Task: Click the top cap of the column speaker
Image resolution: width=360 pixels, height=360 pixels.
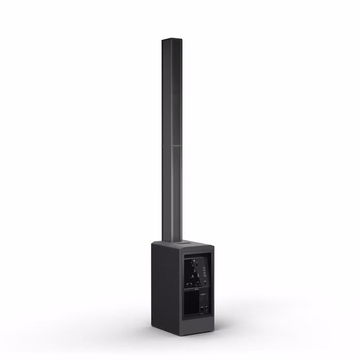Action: pos(172,40)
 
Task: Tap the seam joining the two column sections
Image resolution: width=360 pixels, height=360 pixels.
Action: pos(172,146)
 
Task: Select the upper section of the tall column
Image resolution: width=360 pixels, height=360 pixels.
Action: pos(172,93)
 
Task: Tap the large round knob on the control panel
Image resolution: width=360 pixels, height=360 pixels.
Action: pos(194,266)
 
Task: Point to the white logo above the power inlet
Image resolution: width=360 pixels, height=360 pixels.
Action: pos(204,294)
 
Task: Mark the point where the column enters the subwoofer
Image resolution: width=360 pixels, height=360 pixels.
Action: pos(171,241)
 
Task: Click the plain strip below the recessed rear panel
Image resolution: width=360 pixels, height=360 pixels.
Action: pos(197,324)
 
